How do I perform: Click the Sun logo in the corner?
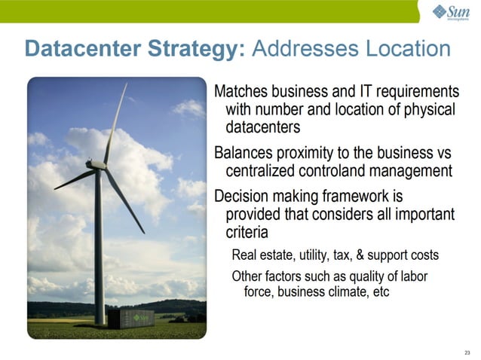coord(451,12)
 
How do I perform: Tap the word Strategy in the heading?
coord(195,50)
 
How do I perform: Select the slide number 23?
coord(467,352)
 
